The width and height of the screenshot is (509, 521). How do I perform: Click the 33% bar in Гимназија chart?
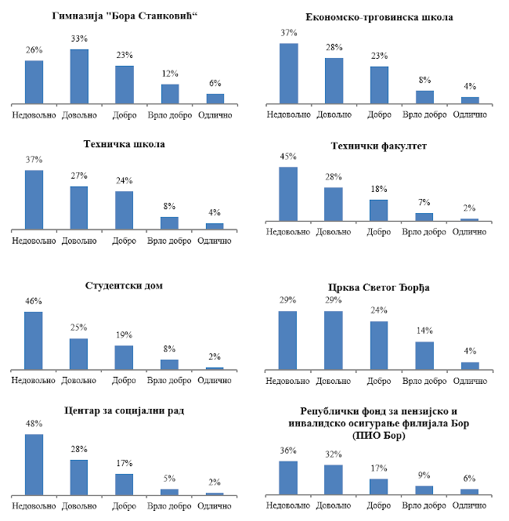click(x=79, y=76)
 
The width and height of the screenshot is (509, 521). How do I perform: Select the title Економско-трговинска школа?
click(x=380, y=16)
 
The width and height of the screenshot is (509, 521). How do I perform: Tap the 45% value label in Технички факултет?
click(x=288, y=155)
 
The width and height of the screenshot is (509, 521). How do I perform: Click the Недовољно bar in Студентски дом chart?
click(x=34, y=340)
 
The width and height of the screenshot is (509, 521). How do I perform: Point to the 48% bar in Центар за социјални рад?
click(x=34, y=464)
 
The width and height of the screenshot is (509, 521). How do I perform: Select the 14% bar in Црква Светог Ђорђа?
click(x=424, y=355)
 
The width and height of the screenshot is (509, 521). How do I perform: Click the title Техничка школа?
click(x=124, y=143)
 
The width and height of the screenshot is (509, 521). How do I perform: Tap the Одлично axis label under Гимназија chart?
click(x=215, y=115)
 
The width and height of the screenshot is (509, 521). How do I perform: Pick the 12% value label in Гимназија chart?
click(x=170, y=74)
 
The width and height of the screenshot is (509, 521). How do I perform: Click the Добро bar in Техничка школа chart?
click(x=125, y=210)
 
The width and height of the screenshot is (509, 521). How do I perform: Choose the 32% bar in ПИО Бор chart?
click(x=334, y=479)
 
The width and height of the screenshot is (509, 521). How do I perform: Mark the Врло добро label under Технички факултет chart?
click(x=424, y=232)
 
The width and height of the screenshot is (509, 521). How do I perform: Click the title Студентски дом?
click(x=124, y=285)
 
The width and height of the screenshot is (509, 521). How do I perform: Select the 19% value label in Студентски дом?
click(x=125, y=335)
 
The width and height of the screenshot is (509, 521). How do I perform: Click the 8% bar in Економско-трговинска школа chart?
click(x=424, y=96)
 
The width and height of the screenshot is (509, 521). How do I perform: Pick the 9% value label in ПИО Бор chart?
click(x=424, y=476)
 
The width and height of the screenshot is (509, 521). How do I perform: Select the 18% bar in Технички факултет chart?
click(x=379, y=210)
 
